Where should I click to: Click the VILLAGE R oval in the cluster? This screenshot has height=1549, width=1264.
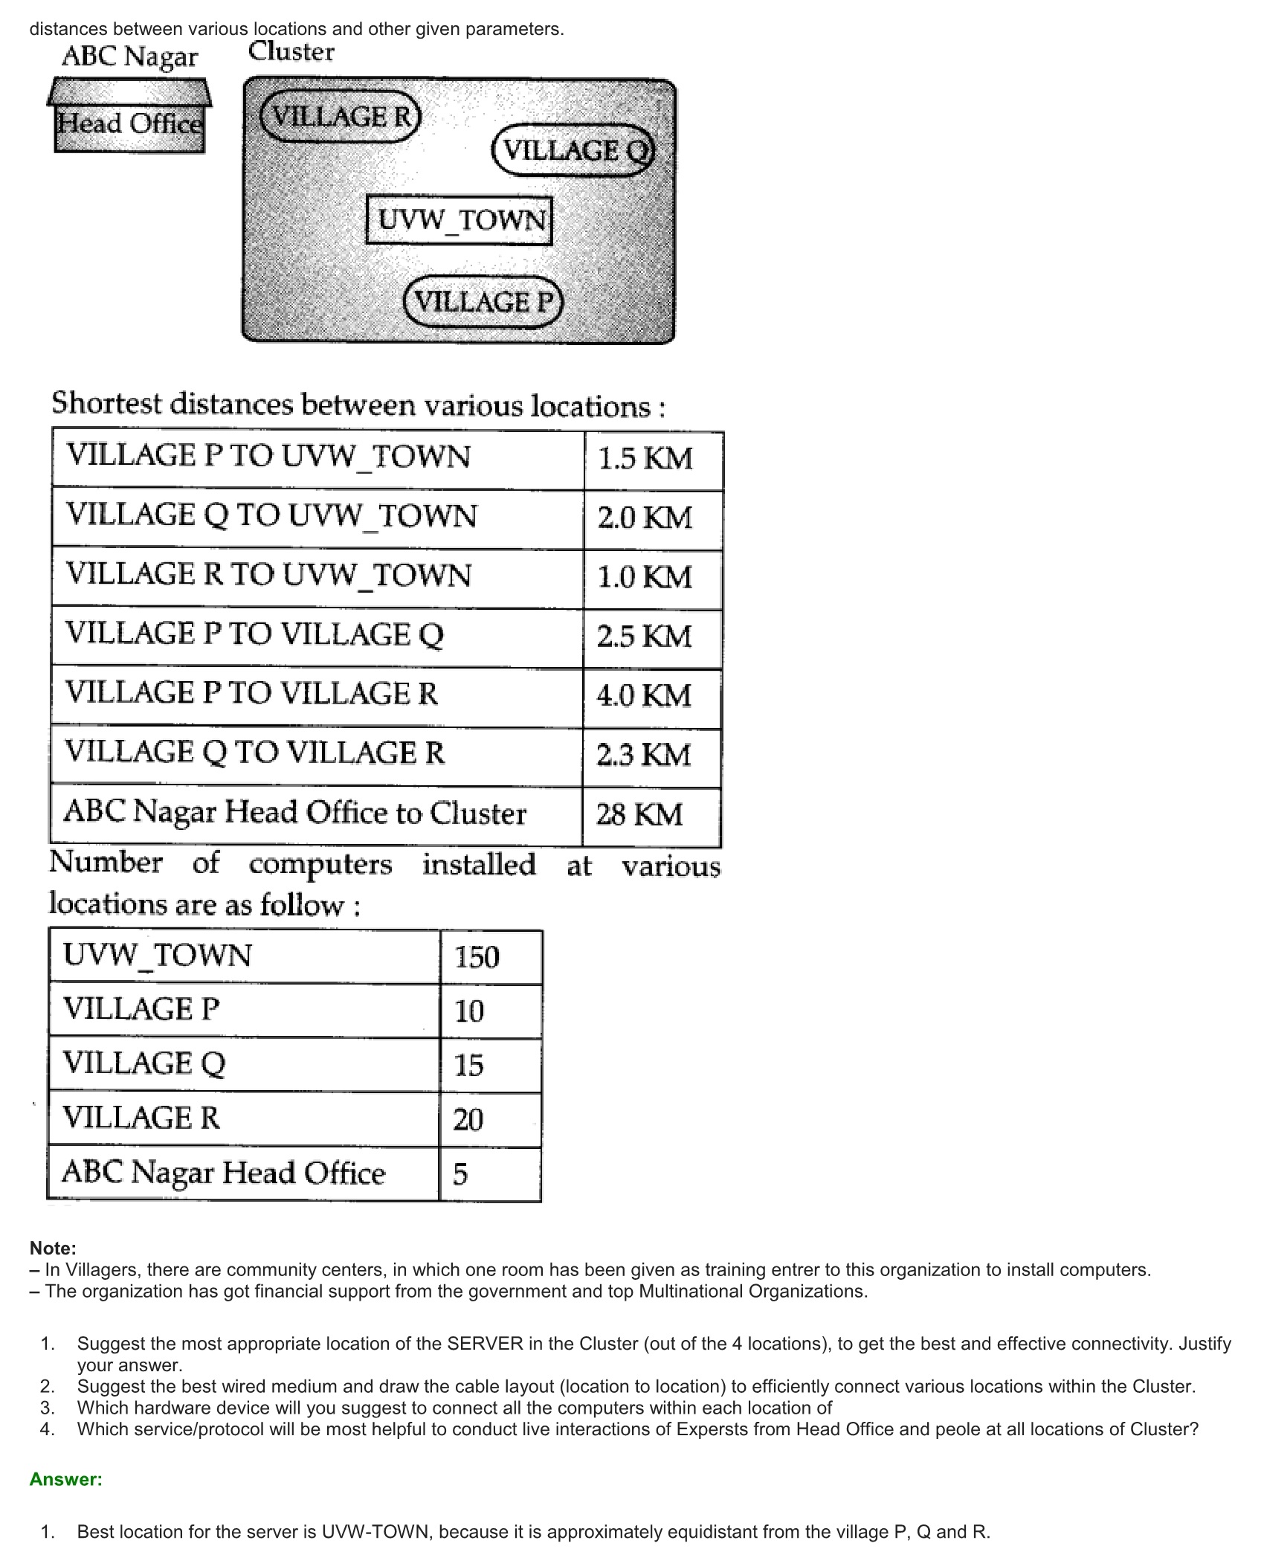341,116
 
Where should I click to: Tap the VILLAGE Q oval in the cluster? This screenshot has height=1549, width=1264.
573,150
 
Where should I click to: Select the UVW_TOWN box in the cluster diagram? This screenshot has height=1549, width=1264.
460,220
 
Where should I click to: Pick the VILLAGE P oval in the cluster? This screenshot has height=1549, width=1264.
483,302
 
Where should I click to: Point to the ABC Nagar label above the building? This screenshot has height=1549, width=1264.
130,57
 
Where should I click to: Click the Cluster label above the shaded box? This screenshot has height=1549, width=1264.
291,52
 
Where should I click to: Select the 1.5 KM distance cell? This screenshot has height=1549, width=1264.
645,459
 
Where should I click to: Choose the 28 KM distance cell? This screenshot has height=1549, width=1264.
639,815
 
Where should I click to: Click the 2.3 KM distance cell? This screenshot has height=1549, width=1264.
643,756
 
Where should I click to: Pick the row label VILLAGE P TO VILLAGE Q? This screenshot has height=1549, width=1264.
255,634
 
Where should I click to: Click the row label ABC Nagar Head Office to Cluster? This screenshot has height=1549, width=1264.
295,813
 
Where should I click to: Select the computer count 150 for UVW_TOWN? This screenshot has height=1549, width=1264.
477,957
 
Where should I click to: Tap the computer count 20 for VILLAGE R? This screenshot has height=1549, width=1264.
468,1120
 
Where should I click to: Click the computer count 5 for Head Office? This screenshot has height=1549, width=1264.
461,1174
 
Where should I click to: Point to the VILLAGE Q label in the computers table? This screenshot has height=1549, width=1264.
144,1063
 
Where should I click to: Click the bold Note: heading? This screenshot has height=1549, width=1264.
53,1249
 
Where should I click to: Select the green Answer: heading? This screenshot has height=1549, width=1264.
65,1479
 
